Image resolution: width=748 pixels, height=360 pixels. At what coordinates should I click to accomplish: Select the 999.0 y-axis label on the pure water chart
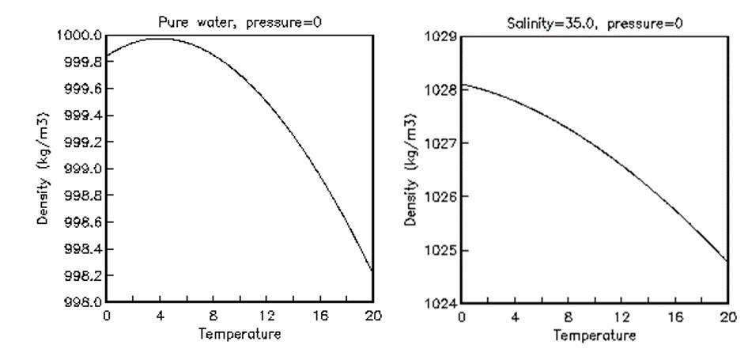point(81,169)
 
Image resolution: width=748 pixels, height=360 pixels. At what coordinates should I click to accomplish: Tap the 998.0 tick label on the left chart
point(81,302)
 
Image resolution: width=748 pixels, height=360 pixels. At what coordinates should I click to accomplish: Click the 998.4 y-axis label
point(81,248)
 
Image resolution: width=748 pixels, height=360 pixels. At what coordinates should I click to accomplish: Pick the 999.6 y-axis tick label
point(81,89)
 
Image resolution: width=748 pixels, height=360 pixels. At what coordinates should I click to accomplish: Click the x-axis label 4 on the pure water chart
point(160,316)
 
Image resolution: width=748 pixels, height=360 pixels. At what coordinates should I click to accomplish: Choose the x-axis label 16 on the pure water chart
point(319,316)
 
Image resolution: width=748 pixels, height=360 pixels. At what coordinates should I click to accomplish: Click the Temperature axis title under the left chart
point(239,333)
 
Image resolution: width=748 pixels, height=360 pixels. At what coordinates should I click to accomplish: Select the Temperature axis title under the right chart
point(595,335)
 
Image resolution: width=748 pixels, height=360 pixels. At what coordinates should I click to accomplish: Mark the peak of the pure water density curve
point(160,38)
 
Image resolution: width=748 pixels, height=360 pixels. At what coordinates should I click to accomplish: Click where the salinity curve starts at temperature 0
point(462,85)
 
